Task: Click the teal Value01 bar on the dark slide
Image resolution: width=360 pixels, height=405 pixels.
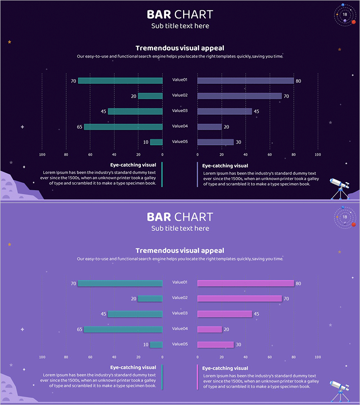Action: (120, 81)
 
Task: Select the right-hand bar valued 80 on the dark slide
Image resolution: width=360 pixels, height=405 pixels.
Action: (245, 81)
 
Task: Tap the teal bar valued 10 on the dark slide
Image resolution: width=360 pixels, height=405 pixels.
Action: (156, 142)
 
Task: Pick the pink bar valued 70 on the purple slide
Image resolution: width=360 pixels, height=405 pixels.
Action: (239, 298)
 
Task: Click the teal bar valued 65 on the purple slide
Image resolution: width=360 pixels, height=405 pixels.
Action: (123, 329)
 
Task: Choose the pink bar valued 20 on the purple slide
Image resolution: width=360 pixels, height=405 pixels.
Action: (209, 329)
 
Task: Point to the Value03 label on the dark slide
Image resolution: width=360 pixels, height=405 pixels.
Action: (180, 111)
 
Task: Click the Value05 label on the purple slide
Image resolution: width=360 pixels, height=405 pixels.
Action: (180, 344)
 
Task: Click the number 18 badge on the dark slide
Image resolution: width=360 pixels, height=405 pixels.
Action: (345, 14)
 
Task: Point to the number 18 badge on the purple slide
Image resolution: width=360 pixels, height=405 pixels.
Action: (345, 217)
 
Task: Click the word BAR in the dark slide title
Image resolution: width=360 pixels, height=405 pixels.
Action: (159, 14)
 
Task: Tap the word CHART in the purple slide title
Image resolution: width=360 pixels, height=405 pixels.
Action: (193, 217)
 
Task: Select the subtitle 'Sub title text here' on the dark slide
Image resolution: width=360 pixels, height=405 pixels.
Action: (180, 26)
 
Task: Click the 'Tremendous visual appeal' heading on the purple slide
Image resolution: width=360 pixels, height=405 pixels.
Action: (180, 251)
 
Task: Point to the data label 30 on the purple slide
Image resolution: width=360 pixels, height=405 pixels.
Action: (238, 345)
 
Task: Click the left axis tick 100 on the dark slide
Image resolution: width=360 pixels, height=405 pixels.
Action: (42, 155)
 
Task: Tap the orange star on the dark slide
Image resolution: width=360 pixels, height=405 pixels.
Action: (9, 42)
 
